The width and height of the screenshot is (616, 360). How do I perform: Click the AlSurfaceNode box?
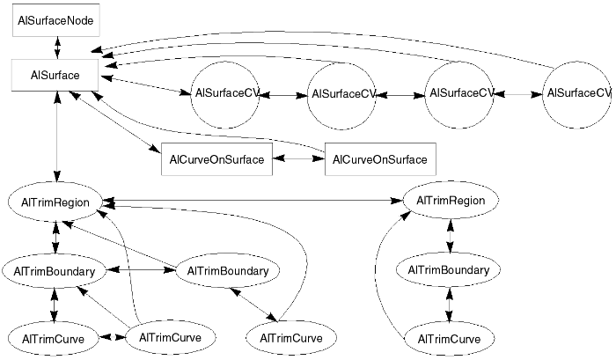(x=57, y=19)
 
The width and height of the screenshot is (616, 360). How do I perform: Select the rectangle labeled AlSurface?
(x=57, y=75)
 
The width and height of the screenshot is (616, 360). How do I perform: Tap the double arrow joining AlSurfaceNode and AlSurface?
(x=57, y=47)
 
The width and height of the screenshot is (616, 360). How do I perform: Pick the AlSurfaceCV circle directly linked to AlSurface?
(x=225, y=93)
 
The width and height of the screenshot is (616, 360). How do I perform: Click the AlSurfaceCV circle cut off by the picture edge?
(x=578, y=93)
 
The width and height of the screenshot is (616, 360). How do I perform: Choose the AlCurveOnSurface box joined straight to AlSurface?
(x=216, y=159)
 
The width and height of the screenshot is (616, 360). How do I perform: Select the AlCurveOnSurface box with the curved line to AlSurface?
(x=380, y=159)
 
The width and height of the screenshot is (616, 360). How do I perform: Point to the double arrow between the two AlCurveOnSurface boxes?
(x=298, y=159)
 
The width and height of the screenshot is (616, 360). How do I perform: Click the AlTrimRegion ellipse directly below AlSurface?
(x=57, y=202)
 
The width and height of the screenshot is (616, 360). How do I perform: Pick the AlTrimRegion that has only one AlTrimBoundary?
(x=450, y=202)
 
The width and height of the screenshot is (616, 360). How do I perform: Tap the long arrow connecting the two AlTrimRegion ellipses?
(x=255, y=202)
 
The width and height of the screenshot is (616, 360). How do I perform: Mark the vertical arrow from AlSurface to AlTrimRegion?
(x=57, y=136)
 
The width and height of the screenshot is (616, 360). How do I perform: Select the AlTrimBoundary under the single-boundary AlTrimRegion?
(x=450, y=269)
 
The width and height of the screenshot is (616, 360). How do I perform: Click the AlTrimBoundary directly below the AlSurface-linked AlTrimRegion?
(x=55, y=270)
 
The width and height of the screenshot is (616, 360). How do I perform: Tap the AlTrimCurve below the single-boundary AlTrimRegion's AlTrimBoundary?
(x=450, y=338)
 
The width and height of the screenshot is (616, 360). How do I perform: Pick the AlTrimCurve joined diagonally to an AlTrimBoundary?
(x=291, y=338)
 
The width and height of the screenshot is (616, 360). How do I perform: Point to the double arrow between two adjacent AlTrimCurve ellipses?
(x=112, y=337)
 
